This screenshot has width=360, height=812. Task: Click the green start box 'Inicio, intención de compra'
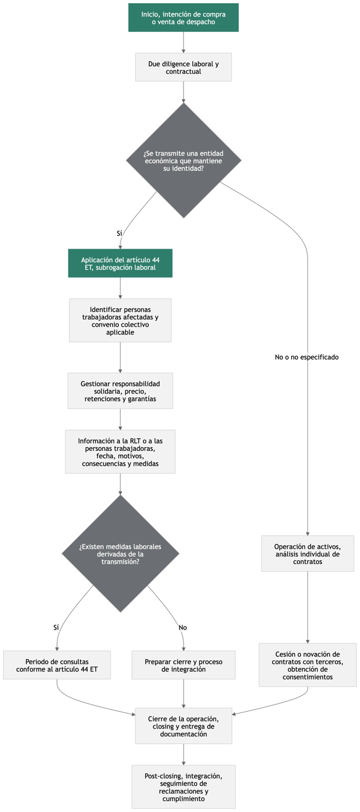184,18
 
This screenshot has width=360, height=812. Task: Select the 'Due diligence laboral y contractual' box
184,67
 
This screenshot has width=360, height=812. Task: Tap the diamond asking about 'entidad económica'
184,161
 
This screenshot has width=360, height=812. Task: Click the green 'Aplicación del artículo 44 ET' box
120,263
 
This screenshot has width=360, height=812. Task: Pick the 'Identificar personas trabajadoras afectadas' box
120,321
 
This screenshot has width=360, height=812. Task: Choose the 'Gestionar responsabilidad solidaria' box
120,391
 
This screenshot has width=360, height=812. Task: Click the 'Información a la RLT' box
120,452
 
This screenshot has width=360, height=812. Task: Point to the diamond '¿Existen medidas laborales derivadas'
120,554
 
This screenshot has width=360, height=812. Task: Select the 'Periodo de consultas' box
57,665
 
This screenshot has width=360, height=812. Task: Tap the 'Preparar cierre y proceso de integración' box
184,665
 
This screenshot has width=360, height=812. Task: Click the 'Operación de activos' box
308,554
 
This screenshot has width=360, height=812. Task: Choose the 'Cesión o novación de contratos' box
308,665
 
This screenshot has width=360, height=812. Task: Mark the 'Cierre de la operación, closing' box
184,726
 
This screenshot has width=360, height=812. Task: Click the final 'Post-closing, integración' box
184,787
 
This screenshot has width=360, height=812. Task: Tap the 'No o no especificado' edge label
307,357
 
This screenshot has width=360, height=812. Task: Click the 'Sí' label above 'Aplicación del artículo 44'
119,234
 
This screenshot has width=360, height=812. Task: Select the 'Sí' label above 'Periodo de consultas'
56,627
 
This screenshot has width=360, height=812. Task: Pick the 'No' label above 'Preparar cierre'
183,627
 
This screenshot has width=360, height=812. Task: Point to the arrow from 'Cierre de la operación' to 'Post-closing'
184,754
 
